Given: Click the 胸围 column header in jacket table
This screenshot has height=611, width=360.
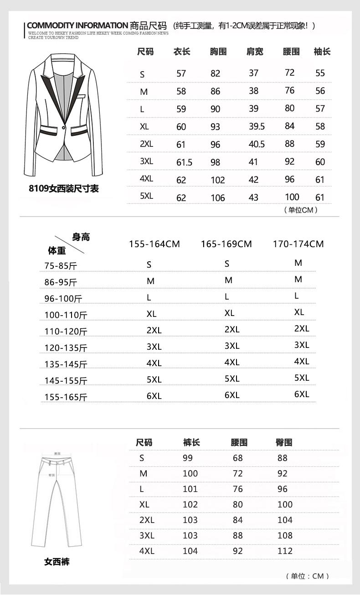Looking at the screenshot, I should pyautogui.click(x=218, y=52).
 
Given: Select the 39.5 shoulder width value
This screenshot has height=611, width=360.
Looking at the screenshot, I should pyautogui.click(x=257, y=126).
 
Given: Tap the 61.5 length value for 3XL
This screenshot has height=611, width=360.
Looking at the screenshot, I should pyautogui.click(x=184, y=162).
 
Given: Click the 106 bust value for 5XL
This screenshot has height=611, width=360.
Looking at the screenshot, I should pyautogui.click(x=218, y=198).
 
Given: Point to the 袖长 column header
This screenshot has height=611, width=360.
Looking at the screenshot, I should pyautogui.click(x=322, y=52).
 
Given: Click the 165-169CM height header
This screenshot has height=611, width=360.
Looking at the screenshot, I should pyautogui.click(x=226, y=244).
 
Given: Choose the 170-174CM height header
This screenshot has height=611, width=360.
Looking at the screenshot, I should pyautogui.click(x=298, y=244).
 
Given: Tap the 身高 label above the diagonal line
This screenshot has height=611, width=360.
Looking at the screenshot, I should pyautogui.click(x=81, y=237).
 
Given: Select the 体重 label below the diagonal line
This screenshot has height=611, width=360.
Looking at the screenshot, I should pyautogui.click(x=57, y=250).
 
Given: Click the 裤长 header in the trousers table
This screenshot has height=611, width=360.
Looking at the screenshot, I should pyautogui.click(x=191, y=442).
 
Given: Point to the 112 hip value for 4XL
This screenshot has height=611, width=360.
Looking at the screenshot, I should pyautogui.click(x=285, y=551).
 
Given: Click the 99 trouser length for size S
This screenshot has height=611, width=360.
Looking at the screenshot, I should pyautogui.click(x=187, y=458).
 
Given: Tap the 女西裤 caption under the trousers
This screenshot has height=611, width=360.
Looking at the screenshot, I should pyautogui.click(x=57, y=562).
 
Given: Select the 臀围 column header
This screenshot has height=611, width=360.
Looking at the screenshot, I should pyautogui.click(x=284, y=442).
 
